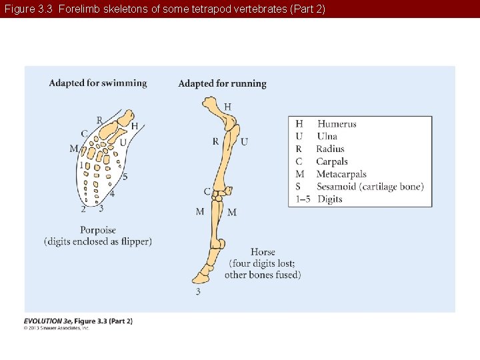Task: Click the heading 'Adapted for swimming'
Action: click(98, 83)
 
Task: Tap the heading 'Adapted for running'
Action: click(222, 84)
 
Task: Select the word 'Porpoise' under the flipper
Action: click(98, 231)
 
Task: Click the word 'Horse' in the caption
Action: click(263, 252)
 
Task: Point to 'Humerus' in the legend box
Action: click(337, 124)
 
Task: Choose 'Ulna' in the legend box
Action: click(327, 137)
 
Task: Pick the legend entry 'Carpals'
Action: click(332, 162)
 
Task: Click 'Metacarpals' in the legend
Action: click(341, 174)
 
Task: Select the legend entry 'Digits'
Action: click(329, 199)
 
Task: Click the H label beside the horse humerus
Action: click(228, 107)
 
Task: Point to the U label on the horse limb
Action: click(244, 142)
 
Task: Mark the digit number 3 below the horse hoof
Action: click(198, 291)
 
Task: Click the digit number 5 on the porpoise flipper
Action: click(125, 177)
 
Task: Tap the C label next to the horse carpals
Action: click(207, 192)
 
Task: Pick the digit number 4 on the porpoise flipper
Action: click(112, 194)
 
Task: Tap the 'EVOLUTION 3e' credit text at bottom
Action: click(47, 321)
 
